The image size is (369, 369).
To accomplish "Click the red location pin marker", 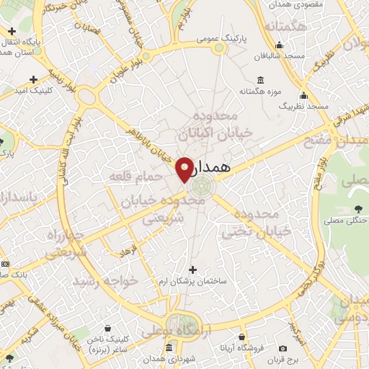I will point(184,168).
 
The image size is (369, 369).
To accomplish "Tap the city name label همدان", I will point(215,166).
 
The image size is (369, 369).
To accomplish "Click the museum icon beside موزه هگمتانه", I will point(259,81).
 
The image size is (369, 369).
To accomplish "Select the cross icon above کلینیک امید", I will point(33,79).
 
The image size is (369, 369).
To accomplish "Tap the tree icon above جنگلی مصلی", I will point(358,209).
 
